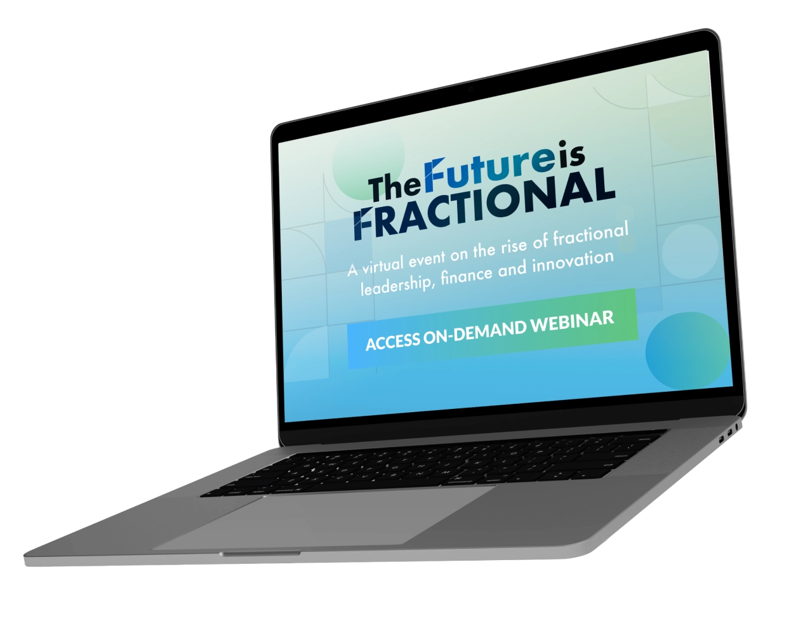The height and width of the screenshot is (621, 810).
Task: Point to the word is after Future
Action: click(x=571, y=154)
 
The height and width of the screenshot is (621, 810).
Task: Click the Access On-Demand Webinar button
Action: click(x=493, y=328)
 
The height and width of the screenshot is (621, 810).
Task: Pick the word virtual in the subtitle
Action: click(x=382, y=265)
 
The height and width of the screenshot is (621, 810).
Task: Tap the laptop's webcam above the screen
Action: click(x=470, y=89)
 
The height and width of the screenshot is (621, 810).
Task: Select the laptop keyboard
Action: click(x=432, y=463)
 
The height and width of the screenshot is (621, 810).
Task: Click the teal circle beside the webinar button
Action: click(x=688, y=351)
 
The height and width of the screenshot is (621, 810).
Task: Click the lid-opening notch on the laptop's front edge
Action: click(x=260, y=554)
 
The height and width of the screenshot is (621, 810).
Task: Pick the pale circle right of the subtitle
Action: click(x=690, y=251)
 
